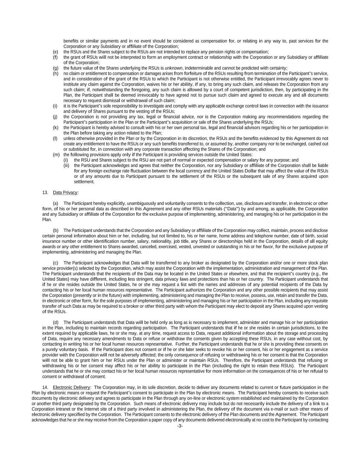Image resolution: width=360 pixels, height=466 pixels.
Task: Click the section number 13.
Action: click(x=45, y=193)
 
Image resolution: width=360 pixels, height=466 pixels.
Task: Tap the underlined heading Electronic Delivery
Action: click(x=71, y=387)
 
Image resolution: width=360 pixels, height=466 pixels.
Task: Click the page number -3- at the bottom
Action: click(x=180, y=426)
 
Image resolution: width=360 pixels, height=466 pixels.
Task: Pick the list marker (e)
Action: click(x=55, y=52)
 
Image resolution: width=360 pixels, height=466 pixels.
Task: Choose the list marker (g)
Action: click(x=55, y=68)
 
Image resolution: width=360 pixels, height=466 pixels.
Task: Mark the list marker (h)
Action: click(x=55, y=73)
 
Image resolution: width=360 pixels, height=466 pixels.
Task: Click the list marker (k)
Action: click(x=55, y=128)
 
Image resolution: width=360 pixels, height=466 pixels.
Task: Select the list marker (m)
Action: click(x=56, y=155)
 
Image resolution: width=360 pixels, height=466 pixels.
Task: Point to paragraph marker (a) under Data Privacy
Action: click(x=55, y=203)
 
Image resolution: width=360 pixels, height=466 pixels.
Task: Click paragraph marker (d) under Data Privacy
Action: click(x=55, y=322)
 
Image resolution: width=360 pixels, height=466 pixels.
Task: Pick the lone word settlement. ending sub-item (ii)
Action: click(x=84, y=182)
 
